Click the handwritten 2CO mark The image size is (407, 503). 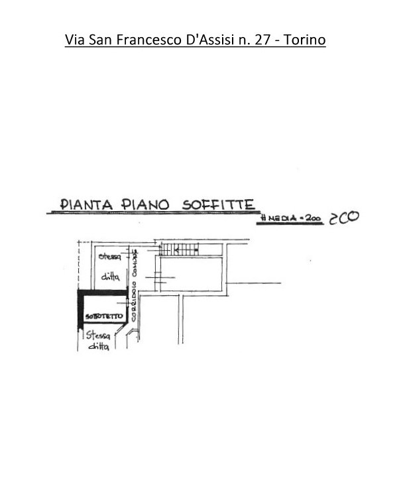pos(345,220)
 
